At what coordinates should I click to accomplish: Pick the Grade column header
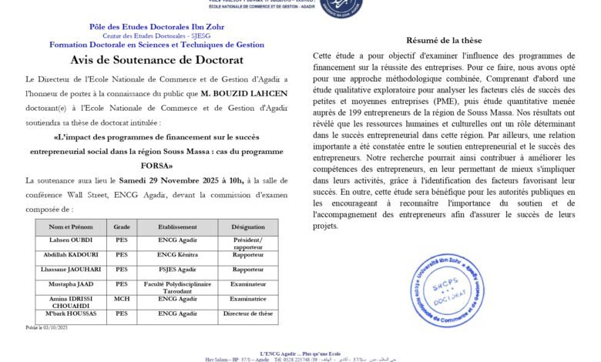(122, 227)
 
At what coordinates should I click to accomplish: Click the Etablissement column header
(178, 227)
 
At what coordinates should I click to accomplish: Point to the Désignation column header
(247, 227)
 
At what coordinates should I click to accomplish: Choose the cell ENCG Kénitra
(178, 255)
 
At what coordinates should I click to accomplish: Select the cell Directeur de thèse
(247, 313)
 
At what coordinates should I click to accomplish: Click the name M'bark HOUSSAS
(70, 313)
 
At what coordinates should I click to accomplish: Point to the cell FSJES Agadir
(178, 270)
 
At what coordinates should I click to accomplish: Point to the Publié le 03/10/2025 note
(47, 327)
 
